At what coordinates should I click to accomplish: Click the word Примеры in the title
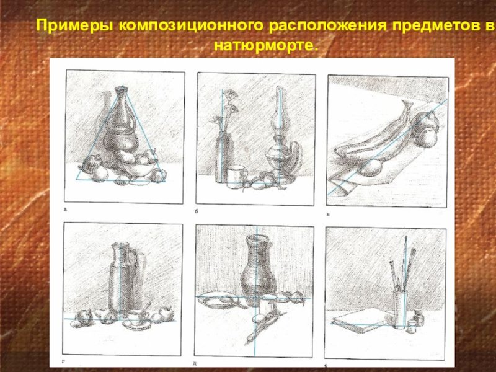[74, 25]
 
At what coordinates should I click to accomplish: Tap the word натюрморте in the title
[265, 45]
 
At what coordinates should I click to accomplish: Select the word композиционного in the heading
[191, 25]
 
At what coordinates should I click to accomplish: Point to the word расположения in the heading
[327, 25]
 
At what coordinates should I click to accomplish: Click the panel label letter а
[66, 209]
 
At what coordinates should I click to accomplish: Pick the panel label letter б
[197, 211]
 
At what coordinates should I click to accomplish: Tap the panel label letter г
[63, 360]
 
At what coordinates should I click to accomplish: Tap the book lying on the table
[361, 320]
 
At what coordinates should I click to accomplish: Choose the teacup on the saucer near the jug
[135, 317]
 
